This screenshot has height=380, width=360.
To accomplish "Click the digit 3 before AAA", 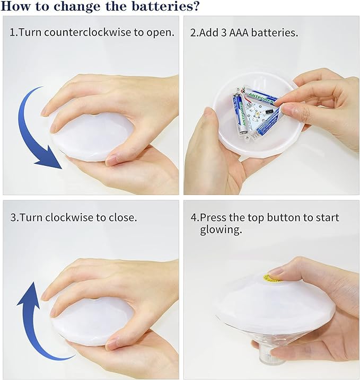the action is tap(224, 33).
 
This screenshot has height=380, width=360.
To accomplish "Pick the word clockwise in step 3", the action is tap(69, 217).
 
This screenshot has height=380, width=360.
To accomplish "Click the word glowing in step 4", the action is tap(221, 230).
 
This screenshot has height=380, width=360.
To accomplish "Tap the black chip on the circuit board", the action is tap(269, 112).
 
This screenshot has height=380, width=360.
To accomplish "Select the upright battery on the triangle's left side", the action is tap(240, 113).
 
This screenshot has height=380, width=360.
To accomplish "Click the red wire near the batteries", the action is tap(245, 98).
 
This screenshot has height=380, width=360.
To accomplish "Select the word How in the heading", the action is tap(16, 6).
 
